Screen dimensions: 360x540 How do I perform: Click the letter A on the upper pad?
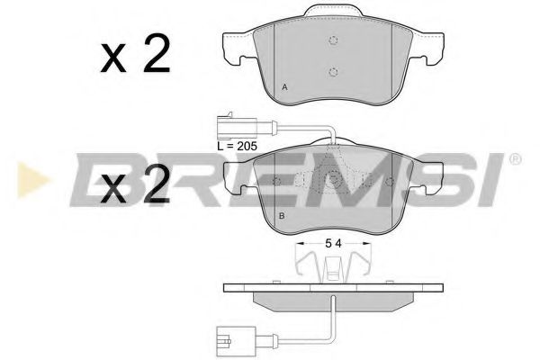pyautogui.click(x=284, y=87)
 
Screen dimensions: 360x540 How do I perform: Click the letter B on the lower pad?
pyautogui.click(x=282, y=217)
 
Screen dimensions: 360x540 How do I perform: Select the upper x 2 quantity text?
pyautogui.click(x=136, y=57)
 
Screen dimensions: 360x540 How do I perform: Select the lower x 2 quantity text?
pyautogui.click(x=136, y=186)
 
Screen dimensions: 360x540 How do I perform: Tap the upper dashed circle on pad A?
pyautogui.click(x=332, y=41)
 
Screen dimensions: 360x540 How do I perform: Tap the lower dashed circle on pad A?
pyautogui.click(x=332, y=72)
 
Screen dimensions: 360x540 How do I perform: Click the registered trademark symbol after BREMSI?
pyautogui.click(x=514, y=159)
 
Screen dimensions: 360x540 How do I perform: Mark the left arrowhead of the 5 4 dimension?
pyautogui.click(x=297, y=243)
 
